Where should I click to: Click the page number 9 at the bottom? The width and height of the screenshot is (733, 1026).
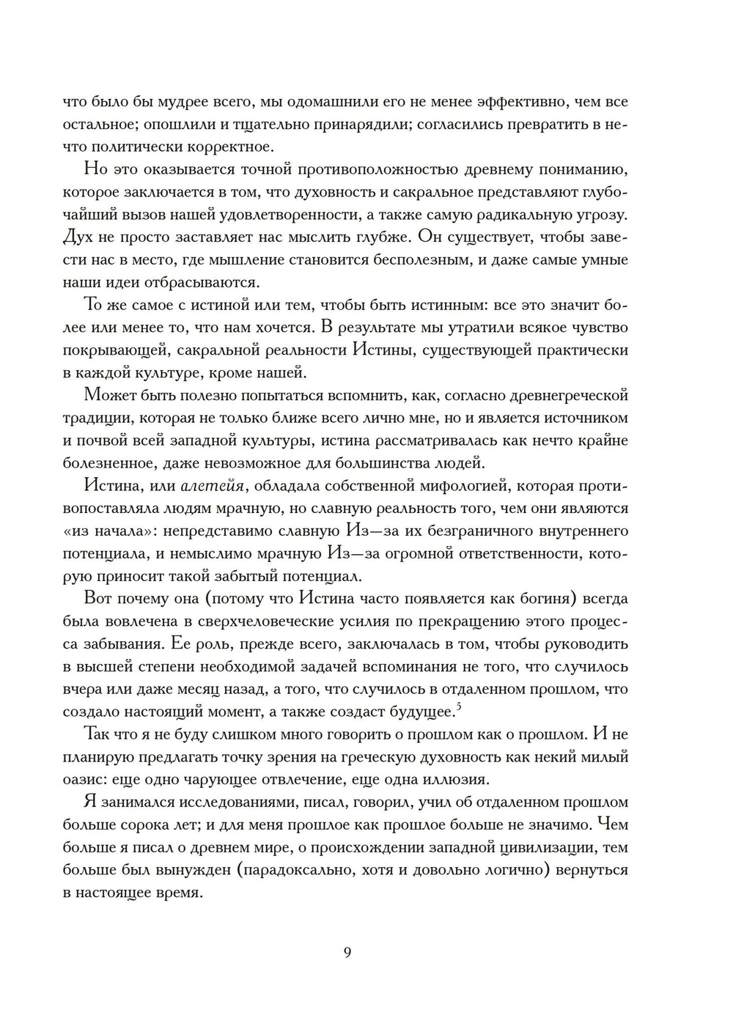[347, 953]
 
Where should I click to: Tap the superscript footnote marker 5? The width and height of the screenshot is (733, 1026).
[458, 706]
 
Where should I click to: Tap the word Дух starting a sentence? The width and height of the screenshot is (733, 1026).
[78, 237]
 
